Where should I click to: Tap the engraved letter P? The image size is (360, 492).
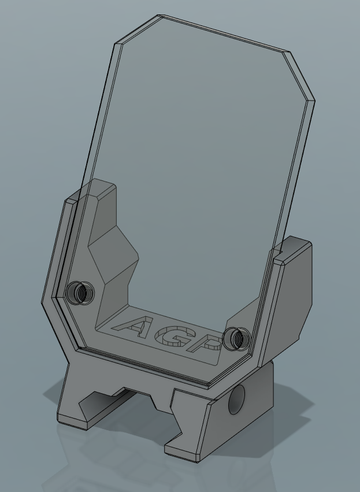205,343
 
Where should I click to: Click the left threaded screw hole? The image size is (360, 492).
80,293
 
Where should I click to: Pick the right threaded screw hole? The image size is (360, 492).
237,339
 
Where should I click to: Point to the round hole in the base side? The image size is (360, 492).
236,399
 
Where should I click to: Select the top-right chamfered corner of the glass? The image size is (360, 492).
299,76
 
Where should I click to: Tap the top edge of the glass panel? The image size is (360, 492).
223,33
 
